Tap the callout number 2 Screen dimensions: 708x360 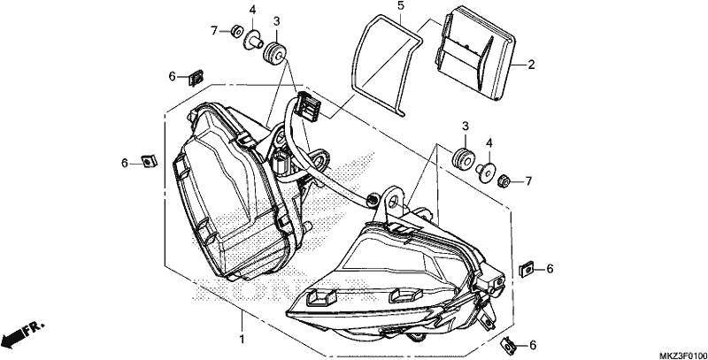pyautogui.click(x=531, y=65)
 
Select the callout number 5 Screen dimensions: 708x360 pyautogui.click(x=401, y=6)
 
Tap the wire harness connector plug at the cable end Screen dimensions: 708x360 pyautogui.click(x=307, y=105)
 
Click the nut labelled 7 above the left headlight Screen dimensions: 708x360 pyautogui.click(x=235, y=32)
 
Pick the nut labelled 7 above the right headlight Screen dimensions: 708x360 pyautogui.click(x=504, y=182)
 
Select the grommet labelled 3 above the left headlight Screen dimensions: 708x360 pyautogui.click(x=273, y=52)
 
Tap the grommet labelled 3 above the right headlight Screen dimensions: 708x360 pyautogui.click(x=463, y=157)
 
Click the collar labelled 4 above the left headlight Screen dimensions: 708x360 pyautogui.click(x=253, y=40)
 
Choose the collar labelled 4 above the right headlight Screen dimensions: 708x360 pyautogui.click(x=485, y=172)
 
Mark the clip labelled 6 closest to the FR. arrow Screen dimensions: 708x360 pyautogui.click(x=149, y=161)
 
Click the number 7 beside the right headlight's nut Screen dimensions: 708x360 pyautogui.click(x=528, y=182)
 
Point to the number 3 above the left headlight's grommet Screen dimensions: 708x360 pyautogui.click(x=276, y=20)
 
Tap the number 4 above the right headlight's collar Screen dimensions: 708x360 pyautogui.click(x=489, y=143)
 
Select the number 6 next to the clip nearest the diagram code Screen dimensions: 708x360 pyautogui.click(x=533, y=346)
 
